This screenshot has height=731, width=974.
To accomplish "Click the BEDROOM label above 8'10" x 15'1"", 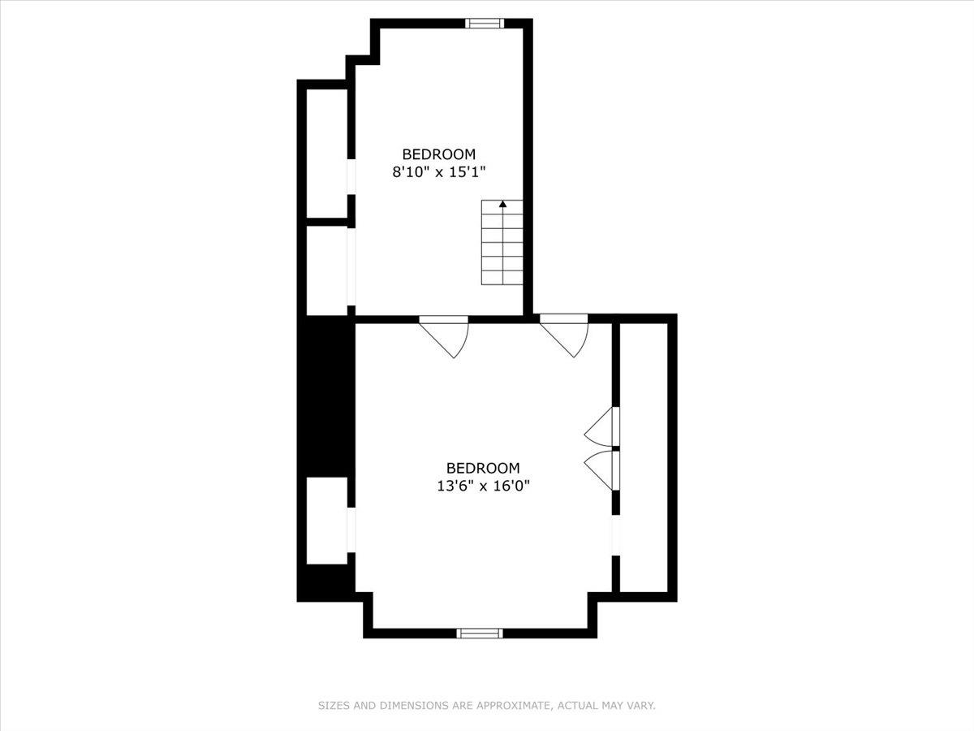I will [438, 154].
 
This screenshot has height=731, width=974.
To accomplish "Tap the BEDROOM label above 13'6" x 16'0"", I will [482, 468].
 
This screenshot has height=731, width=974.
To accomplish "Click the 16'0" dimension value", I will [517, 486].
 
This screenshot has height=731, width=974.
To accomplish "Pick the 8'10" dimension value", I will [411, 171].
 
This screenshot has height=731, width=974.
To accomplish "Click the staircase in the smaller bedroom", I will [502, 244].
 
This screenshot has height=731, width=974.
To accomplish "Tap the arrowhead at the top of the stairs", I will [502, 204].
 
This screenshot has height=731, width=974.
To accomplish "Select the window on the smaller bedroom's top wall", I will [485, 23].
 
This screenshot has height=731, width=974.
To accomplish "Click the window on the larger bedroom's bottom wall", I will [480, 633].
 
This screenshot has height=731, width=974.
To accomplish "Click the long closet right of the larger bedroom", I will [644, 455].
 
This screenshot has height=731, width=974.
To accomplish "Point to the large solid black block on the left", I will [327, 396].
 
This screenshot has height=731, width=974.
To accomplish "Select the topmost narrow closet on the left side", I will [327, 153].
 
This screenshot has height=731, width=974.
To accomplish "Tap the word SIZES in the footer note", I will [334, 706].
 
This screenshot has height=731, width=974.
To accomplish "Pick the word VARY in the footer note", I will [640, 706].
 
